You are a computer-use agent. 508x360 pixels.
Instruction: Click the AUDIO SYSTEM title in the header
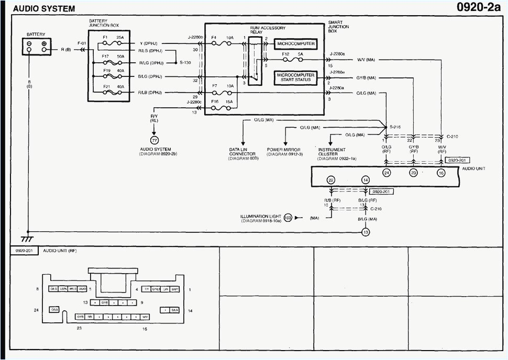tap(44, 9)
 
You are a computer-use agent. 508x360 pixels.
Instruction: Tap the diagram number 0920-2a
tap(479, 7)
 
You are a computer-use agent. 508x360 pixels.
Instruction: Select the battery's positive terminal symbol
tap(44, 44)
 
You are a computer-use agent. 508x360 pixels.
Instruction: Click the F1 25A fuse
tap(113, 43)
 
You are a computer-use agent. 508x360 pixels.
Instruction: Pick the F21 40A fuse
tap(113, 92)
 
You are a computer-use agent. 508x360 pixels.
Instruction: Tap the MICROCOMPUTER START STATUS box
tap(295, 77)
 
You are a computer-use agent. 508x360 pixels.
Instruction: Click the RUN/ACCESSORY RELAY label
tap(268, 30)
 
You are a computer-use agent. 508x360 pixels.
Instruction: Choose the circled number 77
tap(154, 140)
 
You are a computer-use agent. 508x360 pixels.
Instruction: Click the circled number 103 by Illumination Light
tap(288, 217)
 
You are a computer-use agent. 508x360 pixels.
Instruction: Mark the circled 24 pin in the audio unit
tap(386, 173)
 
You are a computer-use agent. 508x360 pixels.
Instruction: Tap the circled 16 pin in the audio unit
tap(441, 173)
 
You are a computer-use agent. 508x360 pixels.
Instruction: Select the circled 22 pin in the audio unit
tap(330, 179)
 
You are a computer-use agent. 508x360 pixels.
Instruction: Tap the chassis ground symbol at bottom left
tap(28, 238)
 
